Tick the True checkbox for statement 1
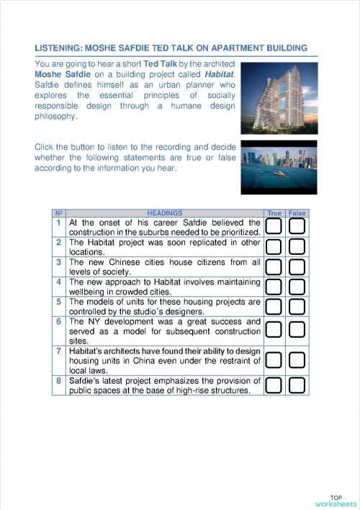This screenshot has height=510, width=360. (x=274, y=227)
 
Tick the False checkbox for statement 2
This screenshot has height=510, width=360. (x=297, y=247)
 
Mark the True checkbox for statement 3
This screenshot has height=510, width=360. (x=274, y=267)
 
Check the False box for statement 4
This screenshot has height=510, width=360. (x=297, y=287)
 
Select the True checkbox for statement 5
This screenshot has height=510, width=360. (x=274, y=307)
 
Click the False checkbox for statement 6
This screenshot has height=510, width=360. (x=297, y=331)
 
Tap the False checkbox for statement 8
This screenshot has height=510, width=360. (x=297, y=385)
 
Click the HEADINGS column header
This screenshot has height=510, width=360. (x=165, y=213)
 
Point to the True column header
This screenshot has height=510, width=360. (x=274, y=213)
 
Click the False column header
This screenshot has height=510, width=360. (x=297, y=213)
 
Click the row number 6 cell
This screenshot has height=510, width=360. (x=60, y=321)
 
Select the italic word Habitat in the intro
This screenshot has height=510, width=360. (x=220, y=74)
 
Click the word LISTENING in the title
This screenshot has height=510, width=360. (x=59, y=48)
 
